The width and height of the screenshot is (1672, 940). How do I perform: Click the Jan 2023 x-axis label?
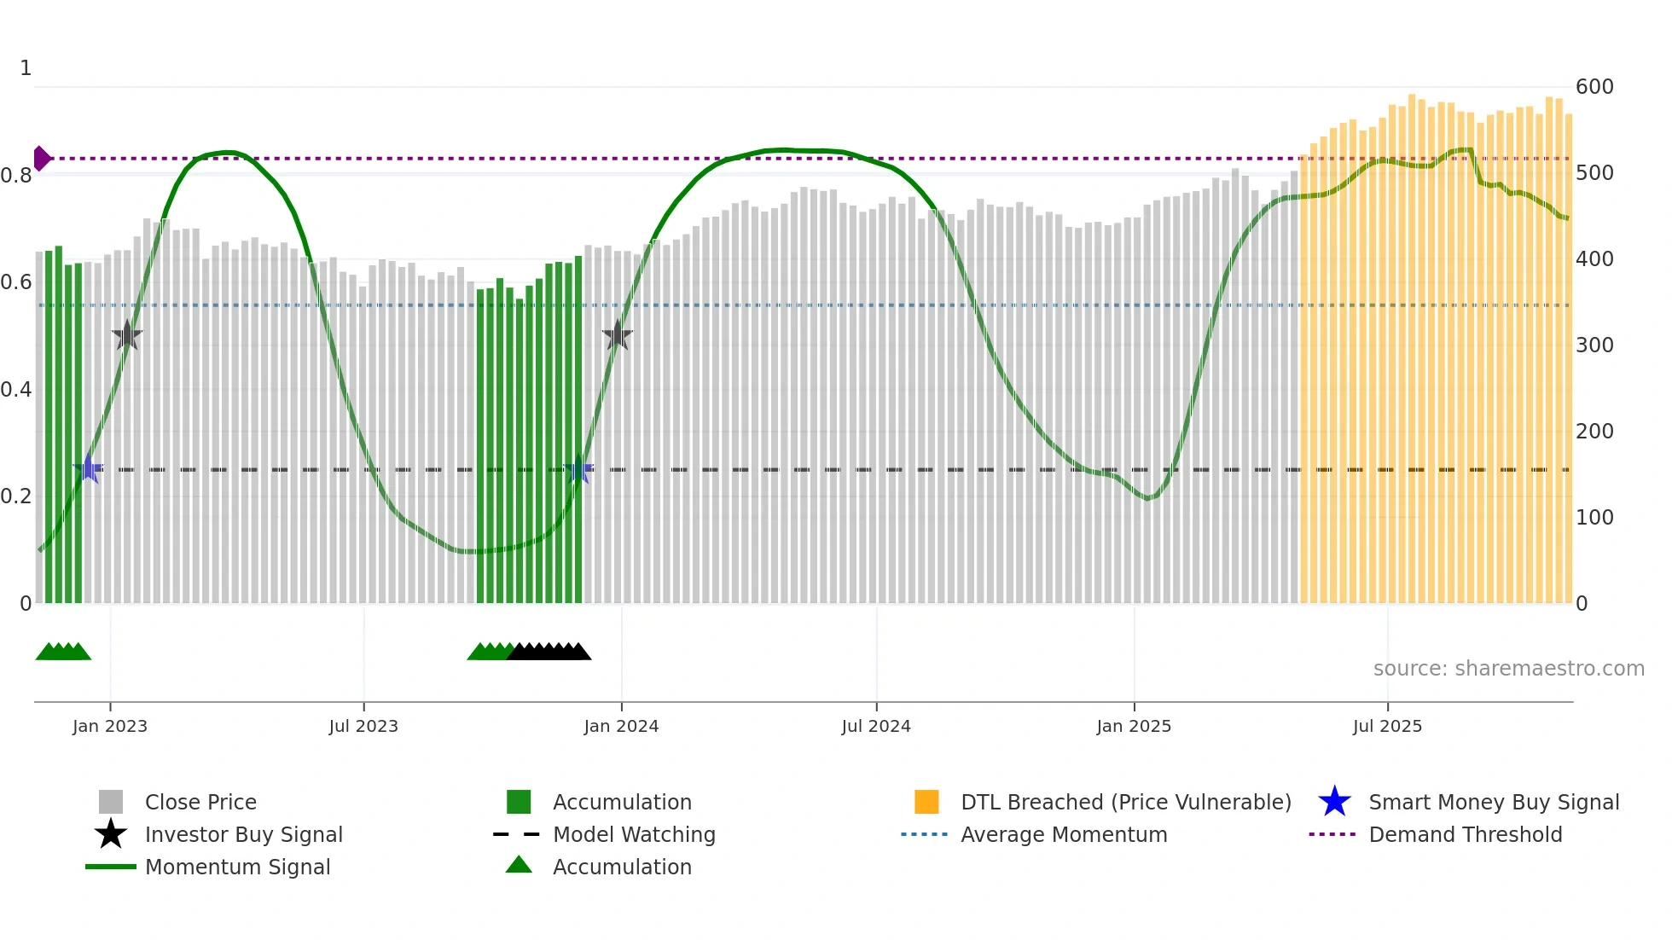click(x=110, y=726)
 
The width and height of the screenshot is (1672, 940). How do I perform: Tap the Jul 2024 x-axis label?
click(x=876, y=726)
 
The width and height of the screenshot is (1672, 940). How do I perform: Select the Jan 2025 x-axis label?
click(x=1134, y=726)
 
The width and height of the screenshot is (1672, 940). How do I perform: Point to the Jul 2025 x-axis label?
click(x=1388, y=726)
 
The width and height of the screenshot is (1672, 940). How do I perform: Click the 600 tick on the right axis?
click(x=1594, y=87)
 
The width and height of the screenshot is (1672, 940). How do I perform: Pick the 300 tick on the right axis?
click(x=1594, y=345)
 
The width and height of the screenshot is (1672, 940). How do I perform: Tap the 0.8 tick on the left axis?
click(x=17, y=176)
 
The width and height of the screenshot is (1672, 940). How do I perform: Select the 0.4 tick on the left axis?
click(x=17, y=390)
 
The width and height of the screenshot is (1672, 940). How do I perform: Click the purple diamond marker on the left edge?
click(x=41, y=159)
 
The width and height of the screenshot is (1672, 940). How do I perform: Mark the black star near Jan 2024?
click(x=618, y=335)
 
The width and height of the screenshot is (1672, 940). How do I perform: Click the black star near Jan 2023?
click(x=127, y=335)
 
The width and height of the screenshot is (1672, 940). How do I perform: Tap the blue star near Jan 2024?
click(x=578, y=469)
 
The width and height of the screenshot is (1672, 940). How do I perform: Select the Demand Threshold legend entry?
click(x=1465, y=834)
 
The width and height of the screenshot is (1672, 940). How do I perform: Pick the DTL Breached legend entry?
click(x=1125, y=802)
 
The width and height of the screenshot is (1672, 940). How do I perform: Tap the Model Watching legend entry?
click(x=633, y=834)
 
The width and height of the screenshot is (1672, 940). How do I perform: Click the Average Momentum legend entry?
click(x=1063, y=834)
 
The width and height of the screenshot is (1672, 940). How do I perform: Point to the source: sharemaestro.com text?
click(x=1508, y=669)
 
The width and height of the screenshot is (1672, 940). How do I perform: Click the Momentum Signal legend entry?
click(x=237, y=867)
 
